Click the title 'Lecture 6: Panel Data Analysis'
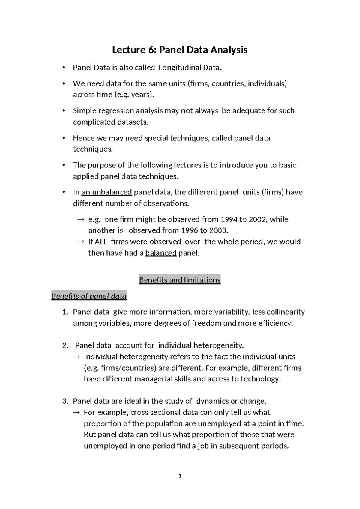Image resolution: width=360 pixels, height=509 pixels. [x=180, y=50]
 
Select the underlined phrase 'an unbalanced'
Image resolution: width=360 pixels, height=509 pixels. [x=107, y=192]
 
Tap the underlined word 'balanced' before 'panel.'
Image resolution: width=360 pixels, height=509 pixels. [x=161, y=253]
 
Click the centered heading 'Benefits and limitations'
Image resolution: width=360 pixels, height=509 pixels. [x=180, y=280]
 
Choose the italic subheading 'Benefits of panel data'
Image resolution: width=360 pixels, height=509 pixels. [x=89, y=296]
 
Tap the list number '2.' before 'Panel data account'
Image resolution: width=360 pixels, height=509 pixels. [x=65, y=345]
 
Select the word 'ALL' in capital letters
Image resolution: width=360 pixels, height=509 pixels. [x=100, y=242]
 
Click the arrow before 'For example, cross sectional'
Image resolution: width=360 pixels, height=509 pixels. [x=76, y=413]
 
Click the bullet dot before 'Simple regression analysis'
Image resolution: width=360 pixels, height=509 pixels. [x=63, y=111]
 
